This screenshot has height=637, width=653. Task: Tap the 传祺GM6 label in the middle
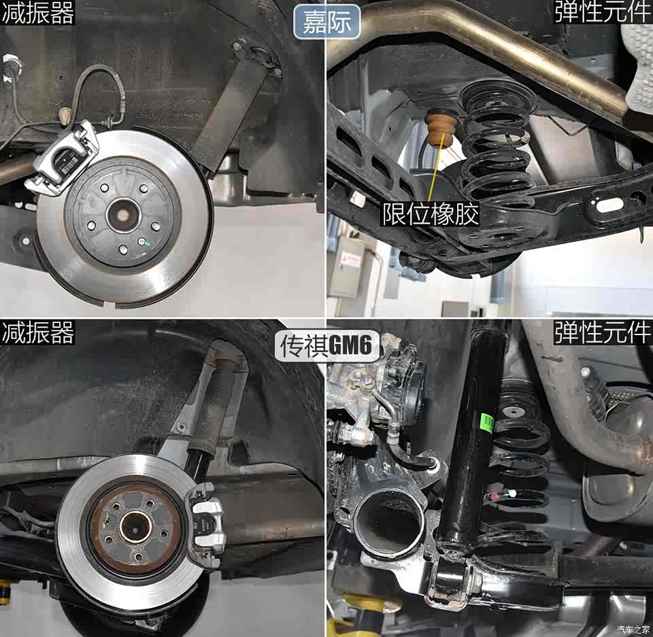[326, 345]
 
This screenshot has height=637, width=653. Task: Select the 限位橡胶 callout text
[431, 214]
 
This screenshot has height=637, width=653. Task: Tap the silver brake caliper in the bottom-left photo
[205, 524]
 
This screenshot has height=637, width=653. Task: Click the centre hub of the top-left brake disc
[123, 217]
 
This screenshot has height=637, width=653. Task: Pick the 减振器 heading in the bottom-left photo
[37, 332]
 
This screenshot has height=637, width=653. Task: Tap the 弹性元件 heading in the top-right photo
[603, 12]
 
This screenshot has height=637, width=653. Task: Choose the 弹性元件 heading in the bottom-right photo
[603, 332]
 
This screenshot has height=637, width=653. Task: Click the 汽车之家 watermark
[632, 629]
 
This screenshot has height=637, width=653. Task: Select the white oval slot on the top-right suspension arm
[609, 204]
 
